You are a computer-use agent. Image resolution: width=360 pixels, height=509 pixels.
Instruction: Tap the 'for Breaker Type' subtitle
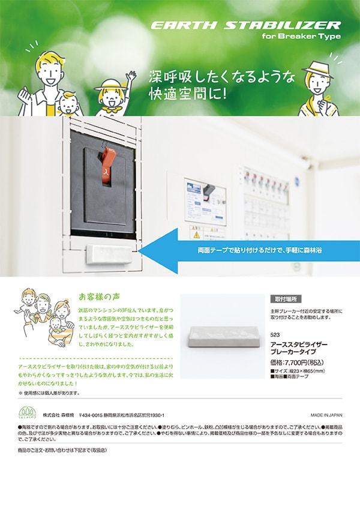pyautogui.click(x=301, y=37)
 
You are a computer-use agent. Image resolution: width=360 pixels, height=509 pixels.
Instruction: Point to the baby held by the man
pyautogui.click(x=69, y=105)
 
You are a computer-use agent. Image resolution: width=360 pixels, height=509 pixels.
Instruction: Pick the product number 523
pyautogui.click(x=275, y=334)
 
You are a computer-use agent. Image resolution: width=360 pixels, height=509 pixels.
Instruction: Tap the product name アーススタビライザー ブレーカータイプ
pyautogui.click(x=299, y=348)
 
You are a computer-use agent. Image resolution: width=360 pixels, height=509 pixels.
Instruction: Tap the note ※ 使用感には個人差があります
pyautogui.click(x=49, y=393)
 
